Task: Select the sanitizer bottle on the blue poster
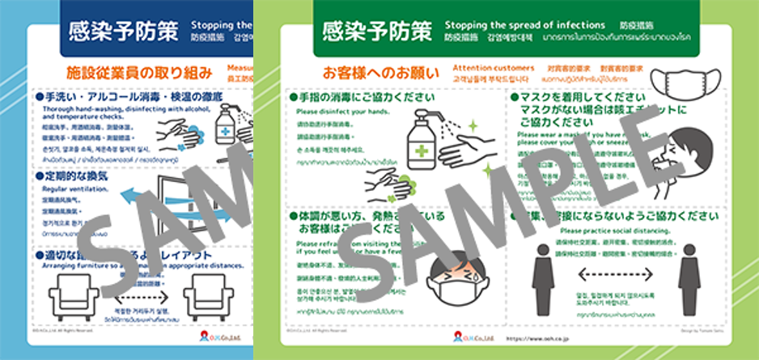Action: [x=227, y=125]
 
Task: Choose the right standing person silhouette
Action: [x=689, y=279]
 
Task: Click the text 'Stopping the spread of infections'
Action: [x=525, y=24]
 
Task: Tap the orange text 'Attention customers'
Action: [x=493, y=68]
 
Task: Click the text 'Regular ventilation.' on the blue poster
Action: [x=78, y=188]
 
